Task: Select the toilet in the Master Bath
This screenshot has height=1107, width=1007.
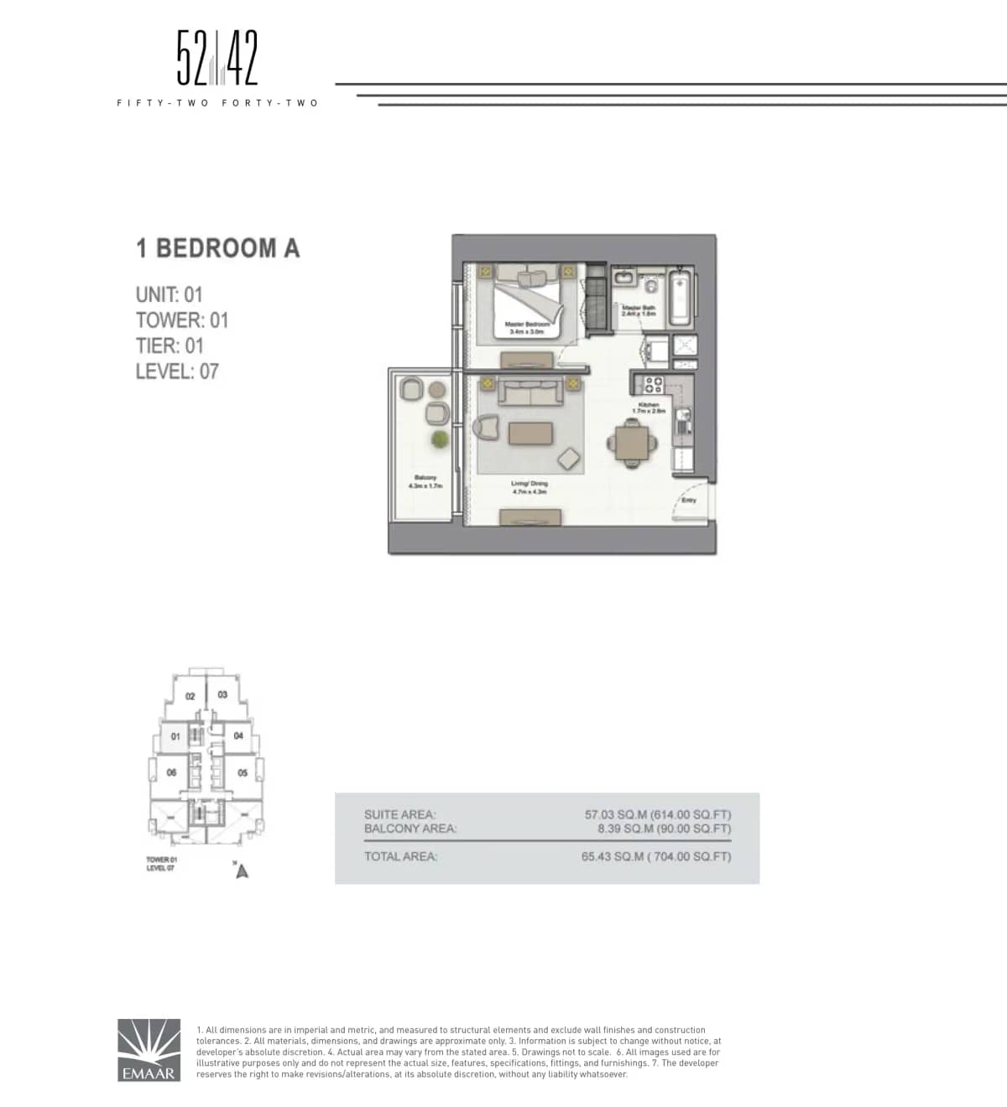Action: [651, 283]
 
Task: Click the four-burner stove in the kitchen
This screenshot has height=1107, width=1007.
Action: [652, 385]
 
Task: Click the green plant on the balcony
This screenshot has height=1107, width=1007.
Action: [440, 439]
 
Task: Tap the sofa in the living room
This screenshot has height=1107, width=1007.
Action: [530, 392]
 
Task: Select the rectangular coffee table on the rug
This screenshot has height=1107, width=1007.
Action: [530, 434]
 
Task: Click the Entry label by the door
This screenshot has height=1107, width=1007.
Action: [689, 500]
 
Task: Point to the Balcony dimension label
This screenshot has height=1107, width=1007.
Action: [425, 482]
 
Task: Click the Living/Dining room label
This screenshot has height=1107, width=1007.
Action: [530, 487]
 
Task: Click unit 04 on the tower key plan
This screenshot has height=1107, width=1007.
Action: [238, 735]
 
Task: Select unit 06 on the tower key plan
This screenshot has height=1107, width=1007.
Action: [171, 772]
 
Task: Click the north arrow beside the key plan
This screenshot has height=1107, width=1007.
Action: [242, 871]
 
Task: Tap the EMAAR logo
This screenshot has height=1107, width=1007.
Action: [149, 1050]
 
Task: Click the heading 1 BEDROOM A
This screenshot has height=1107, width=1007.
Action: [217, 248]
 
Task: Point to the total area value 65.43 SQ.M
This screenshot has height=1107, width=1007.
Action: [655, 856]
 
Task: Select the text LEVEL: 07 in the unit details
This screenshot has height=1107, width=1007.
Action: [177, 372]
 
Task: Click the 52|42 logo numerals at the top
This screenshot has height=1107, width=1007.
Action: [217, 59]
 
